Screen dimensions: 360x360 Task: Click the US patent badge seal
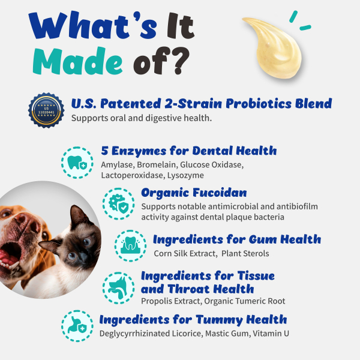pos(46,109)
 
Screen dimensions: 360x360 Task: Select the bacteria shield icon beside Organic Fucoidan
pos(118,203)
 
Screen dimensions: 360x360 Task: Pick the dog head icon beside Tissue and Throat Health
pos(118,286)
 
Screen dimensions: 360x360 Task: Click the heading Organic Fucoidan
pos(194,193)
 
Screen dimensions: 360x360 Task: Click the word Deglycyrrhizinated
pos(136,334)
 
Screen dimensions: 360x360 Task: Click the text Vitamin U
pos(276,334)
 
